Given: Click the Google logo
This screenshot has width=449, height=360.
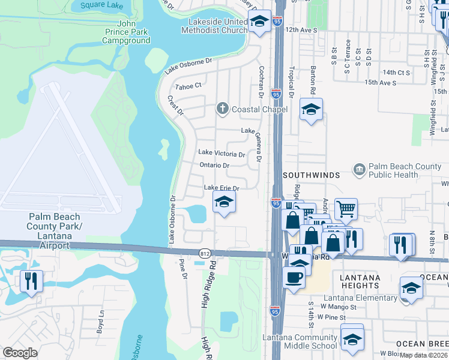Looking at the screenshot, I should point(20,353).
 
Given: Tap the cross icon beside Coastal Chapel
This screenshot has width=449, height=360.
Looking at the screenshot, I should point(222,109).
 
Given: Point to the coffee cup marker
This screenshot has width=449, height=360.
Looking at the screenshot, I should point(294,277).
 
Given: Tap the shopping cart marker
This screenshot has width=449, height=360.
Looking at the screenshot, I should point(346,209).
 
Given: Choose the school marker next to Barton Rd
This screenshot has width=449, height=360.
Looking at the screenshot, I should point(311,109).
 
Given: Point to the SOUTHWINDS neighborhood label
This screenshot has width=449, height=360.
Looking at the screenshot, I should point(312,175).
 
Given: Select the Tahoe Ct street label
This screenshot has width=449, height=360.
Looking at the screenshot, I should point(188,86).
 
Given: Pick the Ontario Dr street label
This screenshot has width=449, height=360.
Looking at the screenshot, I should point(214,165).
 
